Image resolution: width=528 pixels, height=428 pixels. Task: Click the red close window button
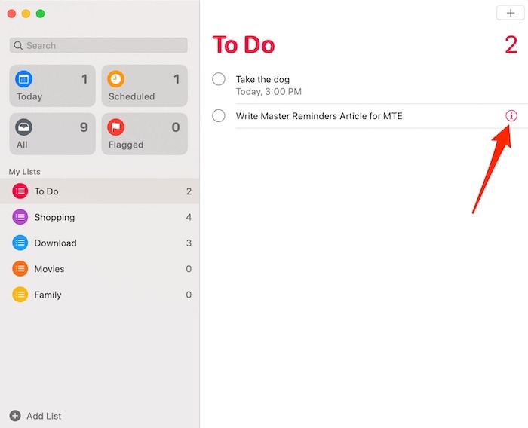(11, 14)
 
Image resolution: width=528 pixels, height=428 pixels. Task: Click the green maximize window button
(40, 14)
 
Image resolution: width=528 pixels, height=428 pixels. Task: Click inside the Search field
(98, 45)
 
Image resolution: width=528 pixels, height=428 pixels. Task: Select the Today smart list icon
(24, 79)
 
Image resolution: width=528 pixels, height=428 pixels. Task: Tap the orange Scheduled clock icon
(115, 79)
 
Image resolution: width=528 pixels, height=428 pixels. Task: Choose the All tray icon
(24, 127)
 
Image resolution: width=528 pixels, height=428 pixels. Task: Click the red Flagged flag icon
(115, 127)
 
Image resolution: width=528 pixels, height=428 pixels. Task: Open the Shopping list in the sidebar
(54, 217)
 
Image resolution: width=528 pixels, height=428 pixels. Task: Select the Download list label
(55, 243)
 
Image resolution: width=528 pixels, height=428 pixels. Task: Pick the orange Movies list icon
(20, 269)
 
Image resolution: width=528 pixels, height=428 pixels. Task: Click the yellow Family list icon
(20, 295)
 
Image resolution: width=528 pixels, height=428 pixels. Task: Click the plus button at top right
(511, 13)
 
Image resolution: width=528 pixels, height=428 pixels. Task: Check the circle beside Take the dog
(219, 79)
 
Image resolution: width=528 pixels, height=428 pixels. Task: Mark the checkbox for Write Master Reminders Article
(219, 116)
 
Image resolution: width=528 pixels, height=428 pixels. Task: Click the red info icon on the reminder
(511, 116)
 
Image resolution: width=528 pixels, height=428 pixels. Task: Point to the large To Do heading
(244, 44)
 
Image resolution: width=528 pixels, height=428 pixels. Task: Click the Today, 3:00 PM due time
(269, 92)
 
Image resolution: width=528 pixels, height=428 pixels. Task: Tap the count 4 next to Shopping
(189, 217)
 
